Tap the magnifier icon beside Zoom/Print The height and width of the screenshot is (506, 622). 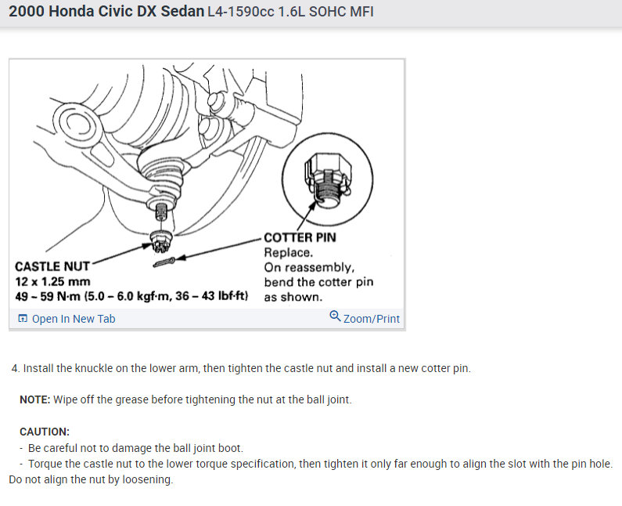335,316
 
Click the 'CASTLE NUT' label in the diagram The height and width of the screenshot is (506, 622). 52,266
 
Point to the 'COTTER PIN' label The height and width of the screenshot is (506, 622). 300,237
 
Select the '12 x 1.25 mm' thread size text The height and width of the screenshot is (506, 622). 52,282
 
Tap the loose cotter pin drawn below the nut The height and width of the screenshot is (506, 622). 164,262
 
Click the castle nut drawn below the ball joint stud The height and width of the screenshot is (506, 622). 161,242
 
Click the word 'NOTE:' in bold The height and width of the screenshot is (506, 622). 35,399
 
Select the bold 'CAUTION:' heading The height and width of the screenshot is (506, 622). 45,432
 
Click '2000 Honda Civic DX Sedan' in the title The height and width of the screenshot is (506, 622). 106,11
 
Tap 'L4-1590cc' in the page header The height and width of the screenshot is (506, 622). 241,12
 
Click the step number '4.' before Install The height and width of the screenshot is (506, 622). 16,369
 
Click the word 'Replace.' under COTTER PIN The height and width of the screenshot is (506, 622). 289,252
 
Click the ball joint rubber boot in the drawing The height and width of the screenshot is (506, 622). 161,174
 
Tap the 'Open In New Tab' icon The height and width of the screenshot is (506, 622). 23,319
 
